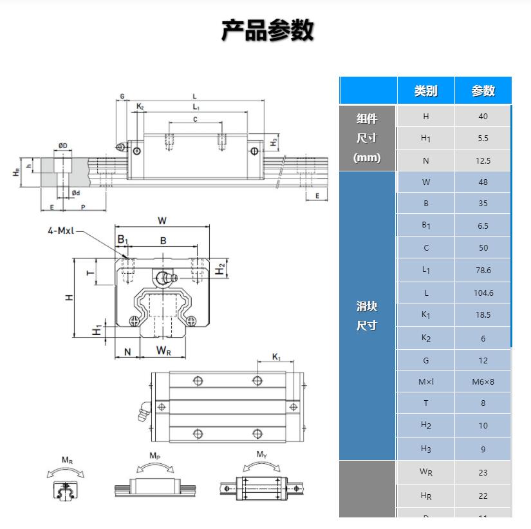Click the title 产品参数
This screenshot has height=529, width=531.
coord(267,30)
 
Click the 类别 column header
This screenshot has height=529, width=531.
coord(425,91)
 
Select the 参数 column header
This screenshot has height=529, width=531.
coord(483,91)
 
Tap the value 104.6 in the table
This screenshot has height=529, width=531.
coord(483,293)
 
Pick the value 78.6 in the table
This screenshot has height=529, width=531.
coord(483,271)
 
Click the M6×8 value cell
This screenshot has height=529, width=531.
coord(483,381)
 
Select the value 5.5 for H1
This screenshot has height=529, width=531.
coord(483,139)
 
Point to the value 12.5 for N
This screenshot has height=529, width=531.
coord(483,161)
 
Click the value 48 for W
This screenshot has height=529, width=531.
coord(483,182)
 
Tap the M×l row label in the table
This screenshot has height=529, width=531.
coord(425,381)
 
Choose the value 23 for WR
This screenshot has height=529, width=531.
coord(483,472)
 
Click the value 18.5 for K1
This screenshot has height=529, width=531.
coord(483,314)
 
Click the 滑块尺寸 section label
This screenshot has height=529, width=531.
coord(367,316)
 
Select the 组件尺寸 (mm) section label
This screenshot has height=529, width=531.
coord(367,138)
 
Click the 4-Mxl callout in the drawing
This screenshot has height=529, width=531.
coord(61,230)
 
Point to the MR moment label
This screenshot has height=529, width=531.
coord(67,459)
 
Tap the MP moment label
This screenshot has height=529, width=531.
coord(154,456)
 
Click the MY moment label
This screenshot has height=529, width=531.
coord(261,454)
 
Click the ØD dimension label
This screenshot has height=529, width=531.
coord(62,146)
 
